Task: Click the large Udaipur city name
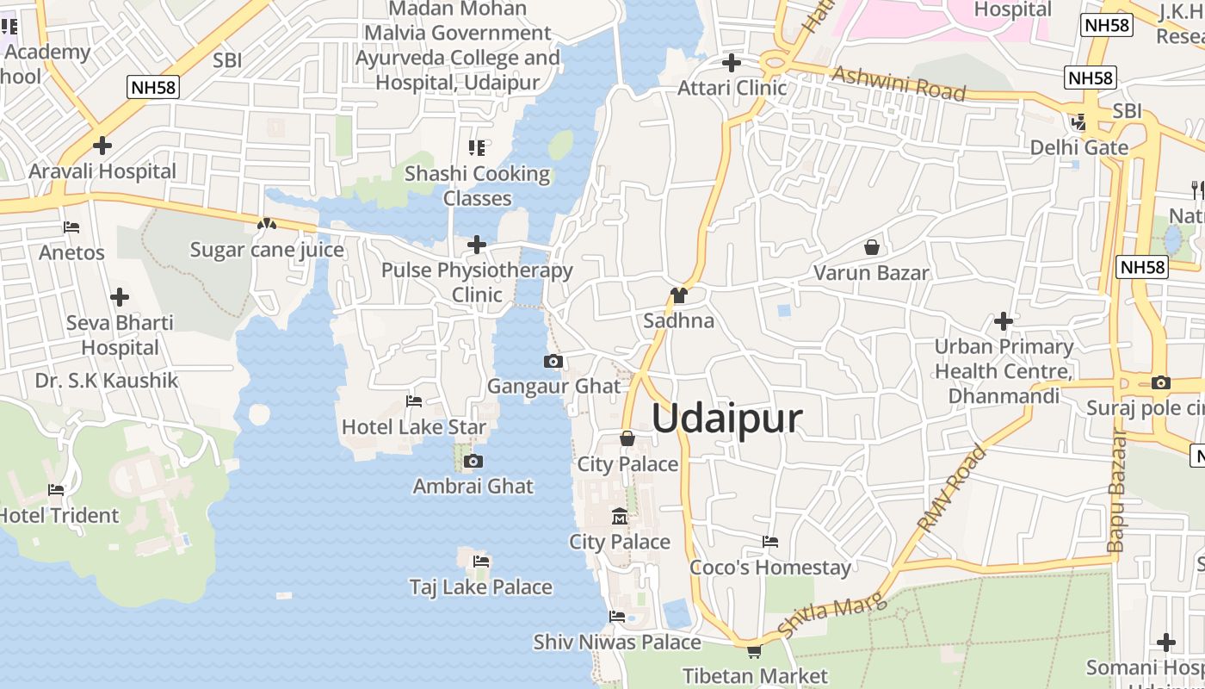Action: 727,419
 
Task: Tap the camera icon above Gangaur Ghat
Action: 553,362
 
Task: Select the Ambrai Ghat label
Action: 473,486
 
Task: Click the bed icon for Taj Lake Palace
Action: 481,562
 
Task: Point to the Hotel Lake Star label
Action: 414,427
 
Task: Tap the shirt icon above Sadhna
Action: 678,295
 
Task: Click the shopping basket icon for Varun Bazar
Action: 872,248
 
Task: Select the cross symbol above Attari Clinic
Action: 731,63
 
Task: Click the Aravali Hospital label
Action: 102,171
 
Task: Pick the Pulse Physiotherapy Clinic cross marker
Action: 477,245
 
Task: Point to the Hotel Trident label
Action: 59,516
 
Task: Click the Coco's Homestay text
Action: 770,568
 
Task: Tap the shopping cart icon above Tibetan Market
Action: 754,652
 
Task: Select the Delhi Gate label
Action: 1079,147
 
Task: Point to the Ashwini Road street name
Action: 899,84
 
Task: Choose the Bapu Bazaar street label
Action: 1116,491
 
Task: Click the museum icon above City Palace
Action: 619,517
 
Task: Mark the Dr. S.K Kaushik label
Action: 107,381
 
